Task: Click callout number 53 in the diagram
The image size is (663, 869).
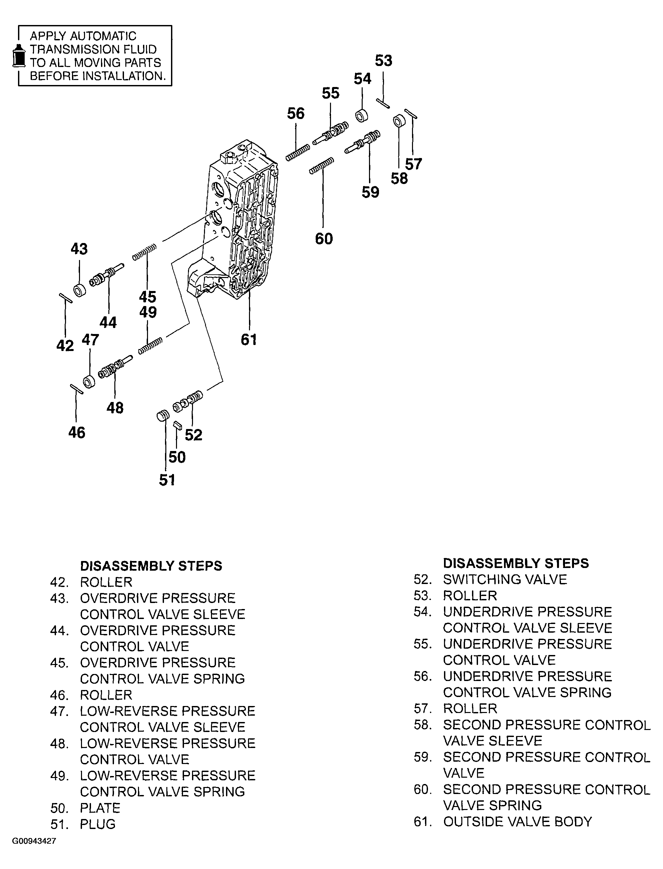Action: (383, 61)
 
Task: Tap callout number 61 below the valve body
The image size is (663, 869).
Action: (249, 339)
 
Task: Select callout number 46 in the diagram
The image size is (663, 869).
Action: (77, 433)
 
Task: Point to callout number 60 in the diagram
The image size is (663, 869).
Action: (324, 239)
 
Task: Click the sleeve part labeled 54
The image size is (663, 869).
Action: (362, 116)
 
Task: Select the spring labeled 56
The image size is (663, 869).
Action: (298, 153)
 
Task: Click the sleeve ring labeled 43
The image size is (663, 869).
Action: (80, 290)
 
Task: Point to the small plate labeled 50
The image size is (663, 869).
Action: (177, 425)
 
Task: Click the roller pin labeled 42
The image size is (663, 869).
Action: (66, 298)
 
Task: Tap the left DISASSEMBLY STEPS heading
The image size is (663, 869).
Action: (151, 566)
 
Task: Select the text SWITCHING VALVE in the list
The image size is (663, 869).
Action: (505, 579)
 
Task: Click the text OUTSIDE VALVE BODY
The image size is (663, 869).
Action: (517, 822)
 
